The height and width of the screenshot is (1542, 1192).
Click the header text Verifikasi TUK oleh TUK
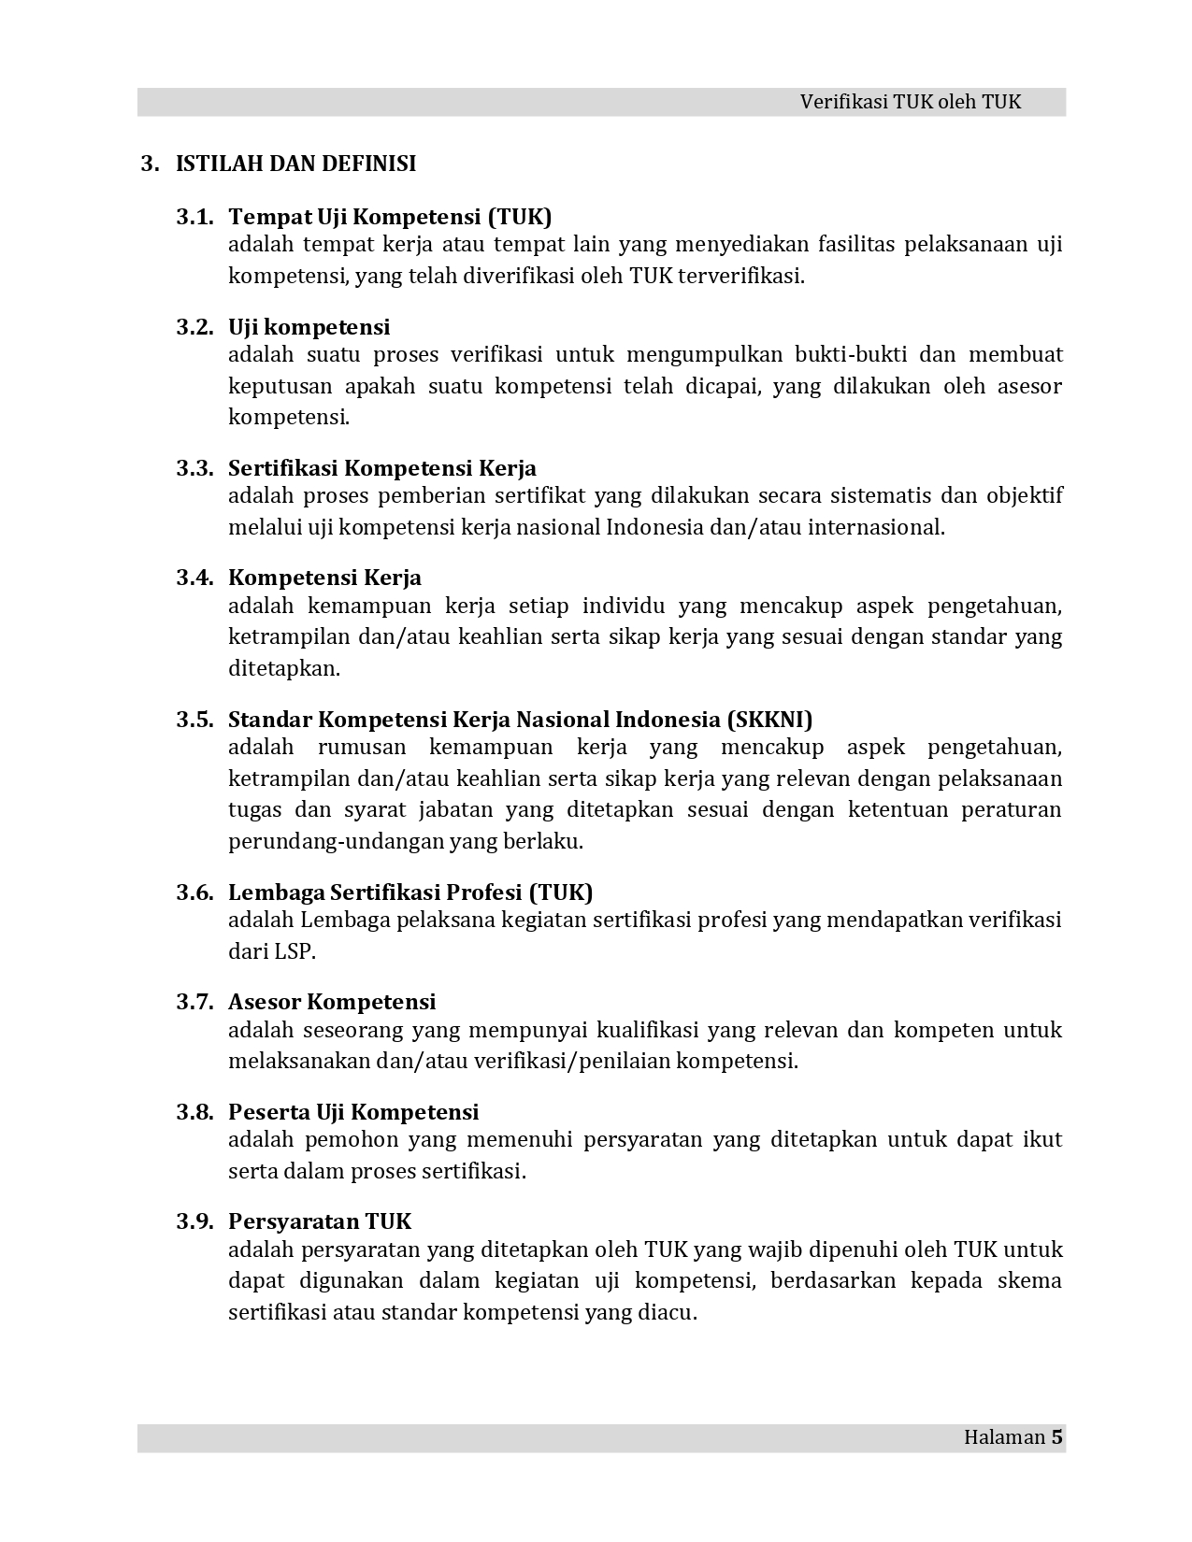click(910, 103)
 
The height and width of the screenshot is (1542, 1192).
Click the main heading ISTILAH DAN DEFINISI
click(295, 164)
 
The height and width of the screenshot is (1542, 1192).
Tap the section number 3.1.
click(194, 217)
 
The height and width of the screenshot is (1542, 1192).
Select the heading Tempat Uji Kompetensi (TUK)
click(390, 217)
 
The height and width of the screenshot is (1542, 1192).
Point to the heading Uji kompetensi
click(309, 327)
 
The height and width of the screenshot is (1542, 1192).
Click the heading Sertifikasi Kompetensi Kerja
click(381, 468)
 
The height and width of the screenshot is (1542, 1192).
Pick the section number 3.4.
click(194, 578)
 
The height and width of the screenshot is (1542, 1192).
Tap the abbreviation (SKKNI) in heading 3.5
click(768, 720)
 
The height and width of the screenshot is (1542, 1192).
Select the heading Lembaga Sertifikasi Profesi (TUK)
click(410, 892)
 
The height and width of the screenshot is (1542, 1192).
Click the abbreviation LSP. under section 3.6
click(294, 951)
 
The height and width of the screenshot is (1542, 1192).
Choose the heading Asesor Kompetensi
click(332, 1002)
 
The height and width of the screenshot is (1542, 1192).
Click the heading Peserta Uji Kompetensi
click(353, 1112)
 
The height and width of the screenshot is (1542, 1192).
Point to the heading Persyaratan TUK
click(320, 1221)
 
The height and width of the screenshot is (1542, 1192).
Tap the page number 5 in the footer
click(1056, 1437)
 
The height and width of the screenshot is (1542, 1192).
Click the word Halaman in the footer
click(1003, 1437)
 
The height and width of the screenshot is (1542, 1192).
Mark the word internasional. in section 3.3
click(876, 527)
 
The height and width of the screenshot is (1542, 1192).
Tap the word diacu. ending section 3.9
click(668, 1312)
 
